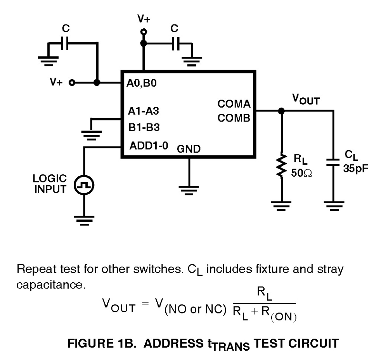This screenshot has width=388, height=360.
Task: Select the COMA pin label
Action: [x=234, y=104]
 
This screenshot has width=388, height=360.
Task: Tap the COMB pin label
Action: [x=234, y=118]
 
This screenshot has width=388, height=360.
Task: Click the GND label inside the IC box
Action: [x=189, y=149]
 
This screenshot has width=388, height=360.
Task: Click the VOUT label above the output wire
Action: [x=306, y=100]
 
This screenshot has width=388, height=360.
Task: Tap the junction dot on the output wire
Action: [x=282, y=111]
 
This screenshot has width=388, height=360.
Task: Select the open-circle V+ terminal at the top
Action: [x=144, y=32]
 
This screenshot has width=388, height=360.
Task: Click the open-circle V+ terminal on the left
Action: [x=71, y=83]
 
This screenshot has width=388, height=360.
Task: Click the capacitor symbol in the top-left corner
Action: [x=65, y=44]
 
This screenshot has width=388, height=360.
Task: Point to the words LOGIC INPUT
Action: [x=50, y=184]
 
